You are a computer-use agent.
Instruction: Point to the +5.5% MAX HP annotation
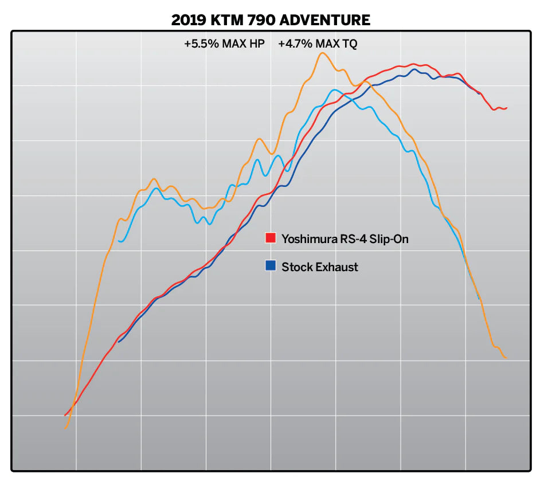(x=224, y=44)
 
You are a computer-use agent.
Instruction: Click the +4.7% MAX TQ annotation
(x=317, y=44)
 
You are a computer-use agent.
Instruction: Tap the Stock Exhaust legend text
(x=320, y=267)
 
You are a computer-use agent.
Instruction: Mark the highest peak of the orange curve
(x=322, y=53)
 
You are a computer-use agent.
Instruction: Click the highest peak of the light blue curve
(x=335, y=89)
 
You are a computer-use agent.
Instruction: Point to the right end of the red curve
(x=507, y=107)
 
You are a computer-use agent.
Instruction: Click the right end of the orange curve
(x=506, y=358)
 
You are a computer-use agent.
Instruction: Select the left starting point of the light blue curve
(x=119, y=241)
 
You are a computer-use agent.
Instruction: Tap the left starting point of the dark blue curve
(x=118, y=342)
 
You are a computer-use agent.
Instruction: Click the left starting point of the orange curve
(x=65, y=428)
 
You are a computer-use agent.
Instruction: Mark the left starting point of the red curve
(x=65, y=415)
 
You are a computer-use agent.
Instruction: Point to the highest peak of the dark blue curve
(x=414, y=69)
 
